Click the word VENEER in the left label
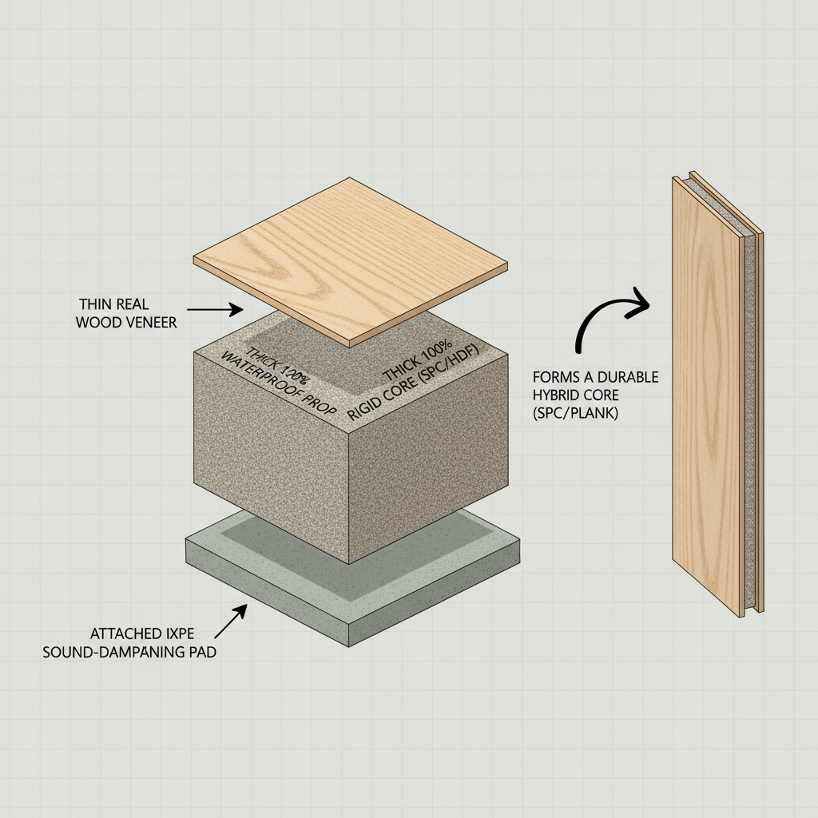click(x=152, y=322)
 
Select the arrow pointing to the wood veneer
click(x=216, y=308)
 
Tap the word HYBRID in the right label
click(x=560, y=395)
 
